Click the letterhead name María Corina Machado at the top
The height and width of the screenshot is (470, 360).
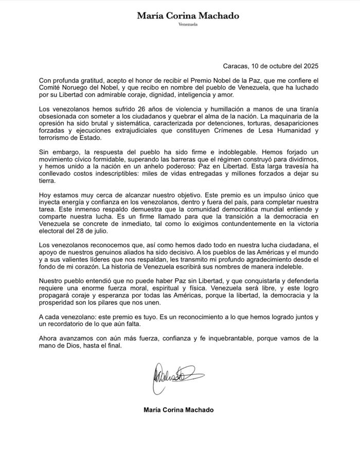[x=188, y=16]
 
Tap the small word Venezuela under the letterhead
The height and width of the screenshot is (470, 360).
[x=188, y=25]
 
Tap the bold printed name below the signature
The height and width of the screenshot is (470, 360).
[x=179, y=410]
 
